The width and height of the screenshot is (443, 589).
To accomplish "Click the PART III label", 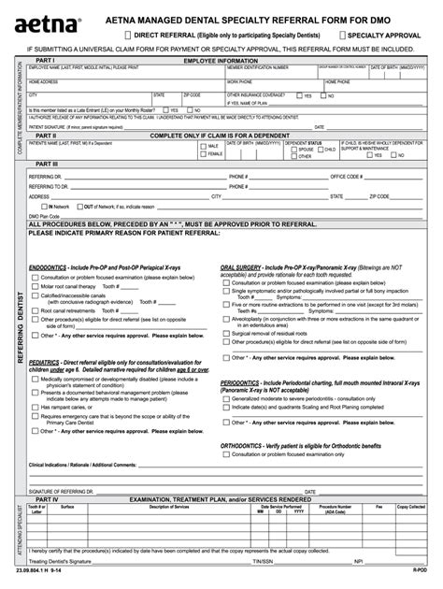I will coord(46,164).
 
